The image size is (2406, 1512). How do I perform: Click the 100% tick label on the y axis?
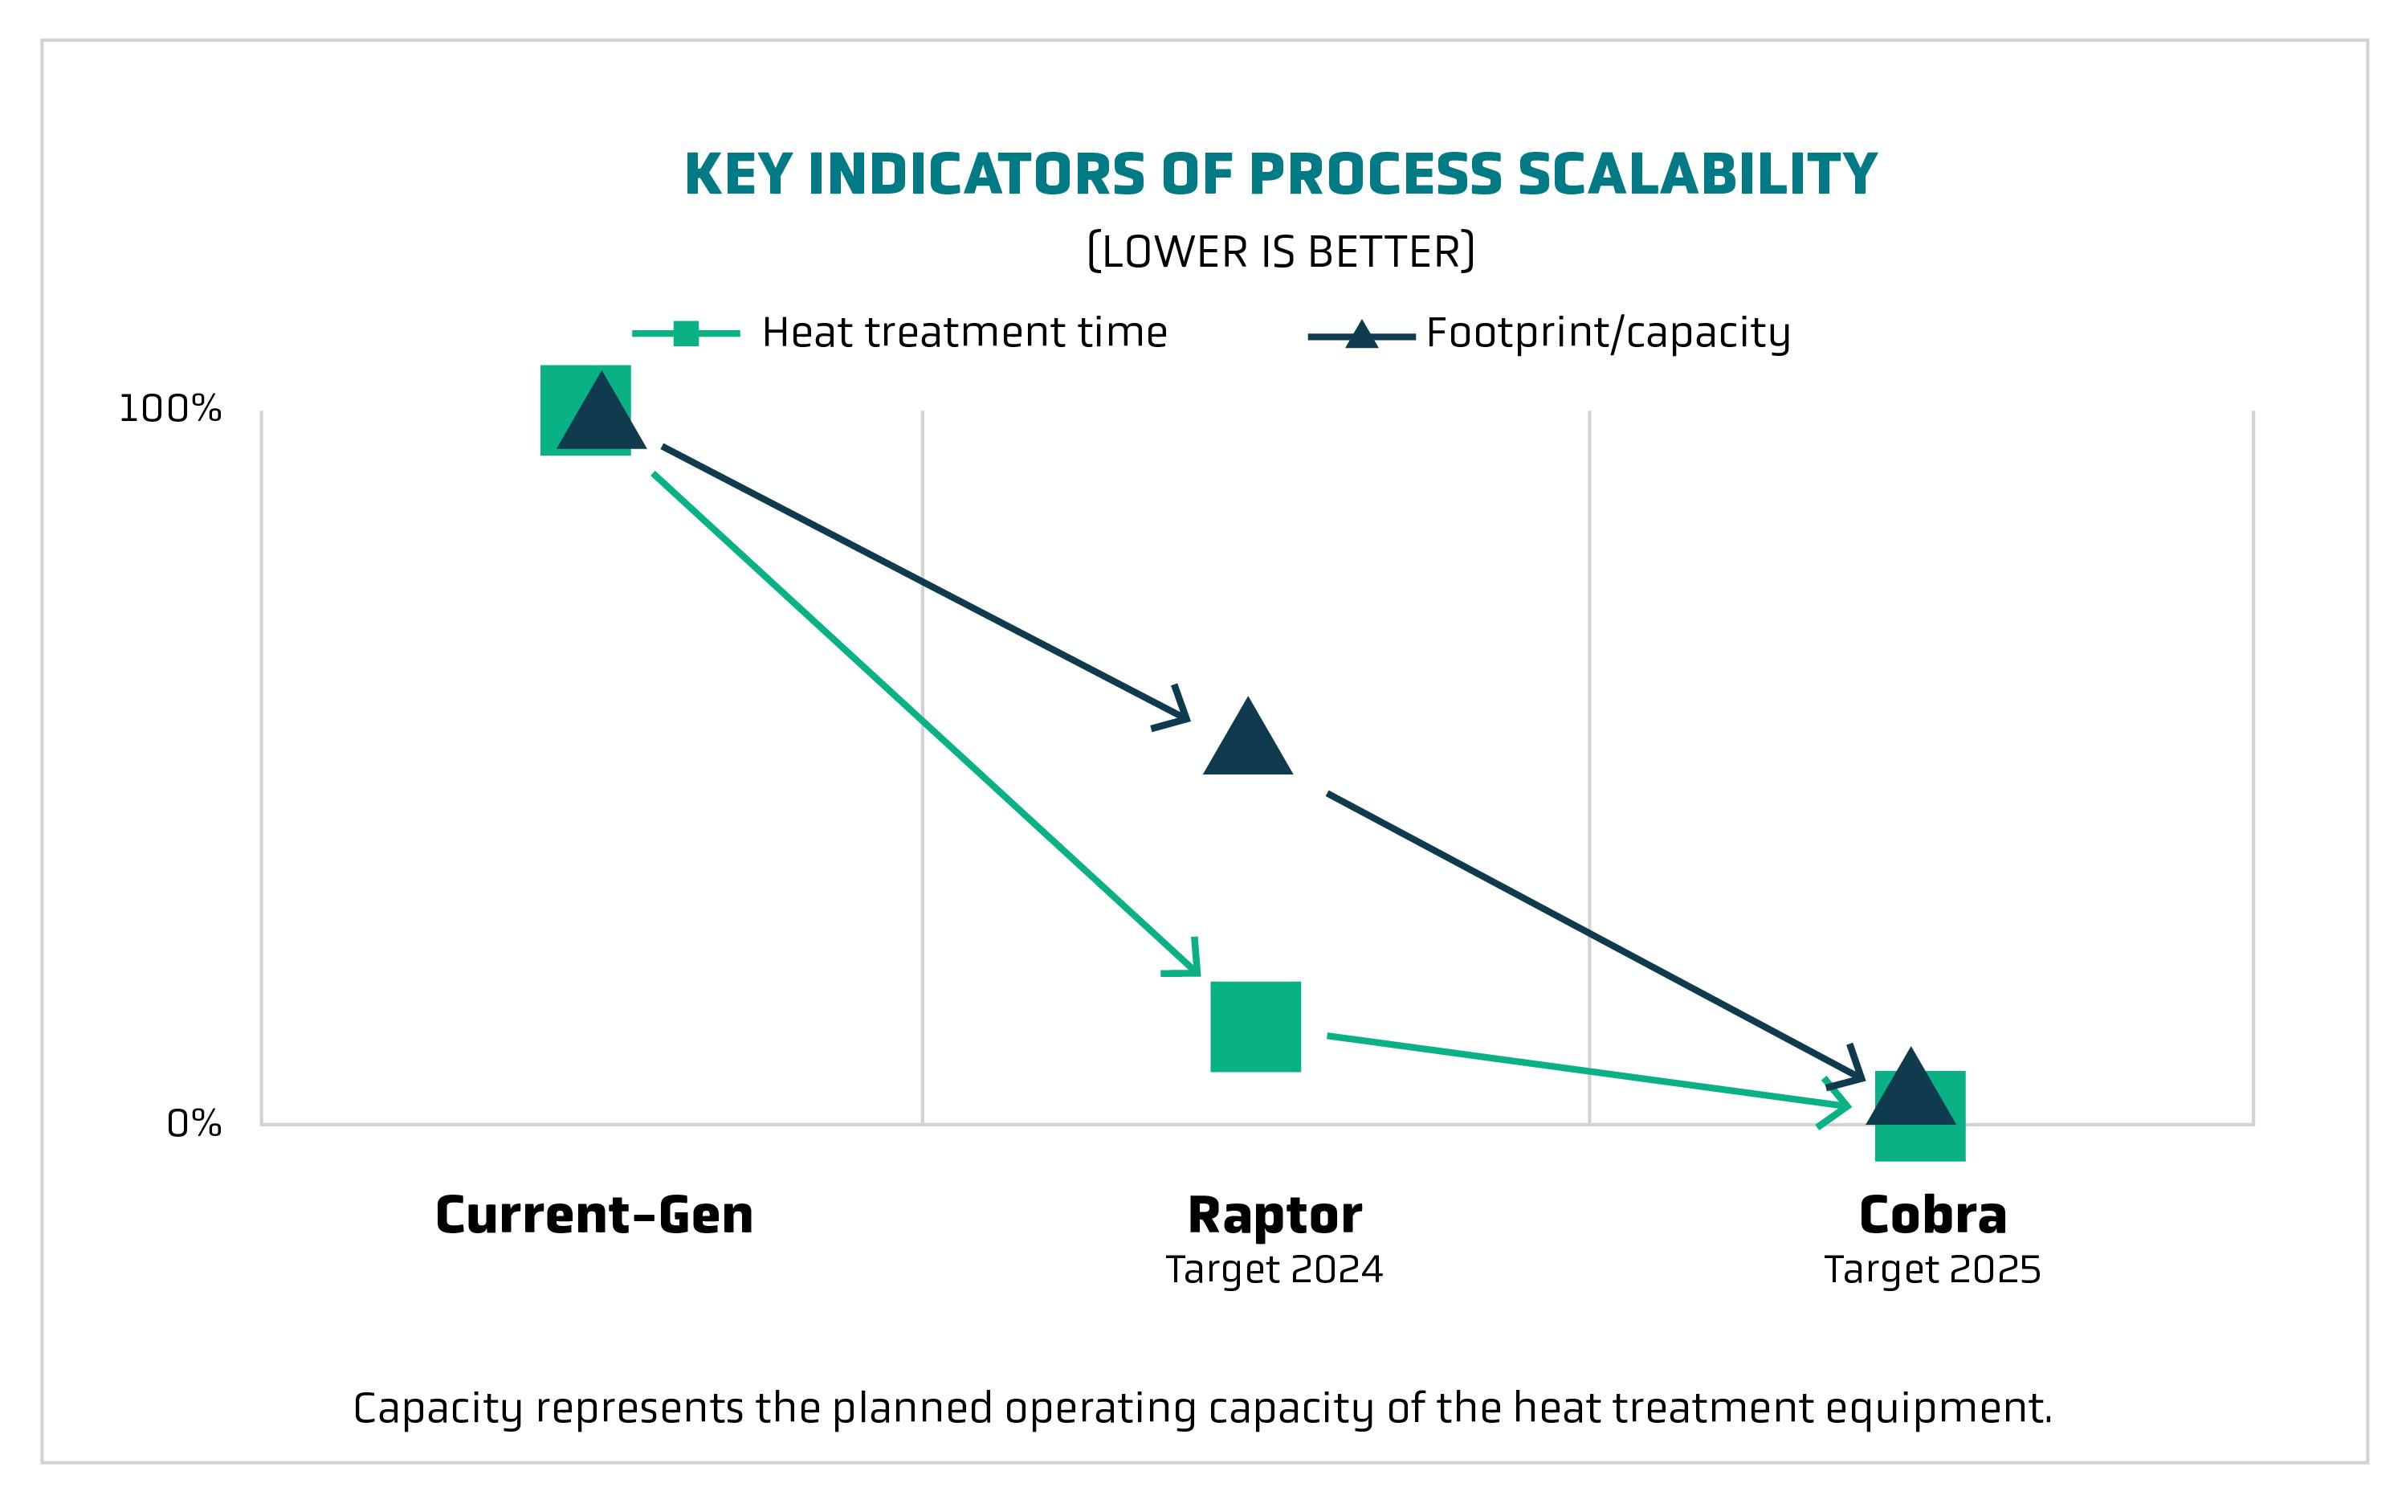[170, 409]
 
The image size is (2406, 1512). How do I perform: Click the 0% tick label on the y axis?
[194, 1123]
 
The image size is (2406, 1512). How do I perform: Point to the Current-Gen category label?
[594, 1216]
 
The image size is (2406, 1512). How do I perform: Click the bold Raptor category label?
[1275, 1216]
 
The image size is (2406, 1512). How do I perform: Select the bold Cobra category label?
[1932, 1216]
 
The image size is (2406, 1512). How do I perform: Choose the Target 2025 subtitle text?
[1932, 1270]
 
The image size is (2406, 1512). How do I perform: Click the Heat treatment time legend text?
[964, 333]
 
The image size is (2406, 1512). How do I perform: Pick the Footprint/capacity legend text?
[1608, 333]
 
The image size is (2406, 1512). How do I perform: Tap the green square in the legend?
[687, 333]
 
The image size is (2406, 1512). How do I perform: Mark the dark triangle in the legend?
[1361, 336]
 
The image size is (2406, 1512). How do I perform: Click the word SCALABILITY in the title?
[1697, 175]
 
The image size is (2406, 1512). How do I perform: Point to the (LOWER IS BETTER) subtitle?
[1280, 251]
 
